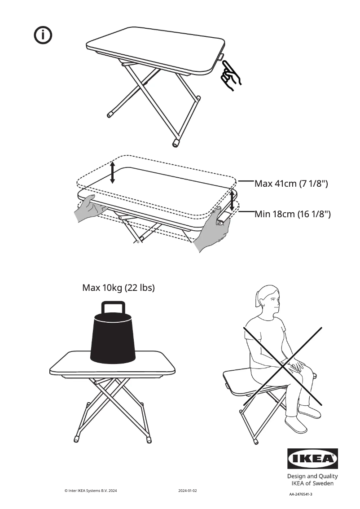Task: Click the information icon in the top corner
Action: pos(43,35)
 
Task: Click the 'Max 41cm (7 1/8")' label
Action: pos(291,184)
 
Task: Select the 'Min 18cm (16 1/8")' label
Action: pos(293,214)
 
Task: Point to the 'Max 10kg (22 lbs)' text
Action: pos(119,288)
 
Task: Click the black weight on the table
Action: pos(113,339)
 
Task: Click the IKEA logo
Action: pos(312,459)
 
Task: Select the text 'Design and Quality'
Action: pos(312,476)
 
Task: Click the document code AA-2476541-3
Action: pos(300,494)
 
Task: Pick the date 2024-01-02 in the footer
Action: pos(187,491)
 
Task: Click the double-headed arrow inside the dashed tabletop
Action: pos(112,172)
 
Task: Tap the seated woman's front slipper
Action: pos(296,424)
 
